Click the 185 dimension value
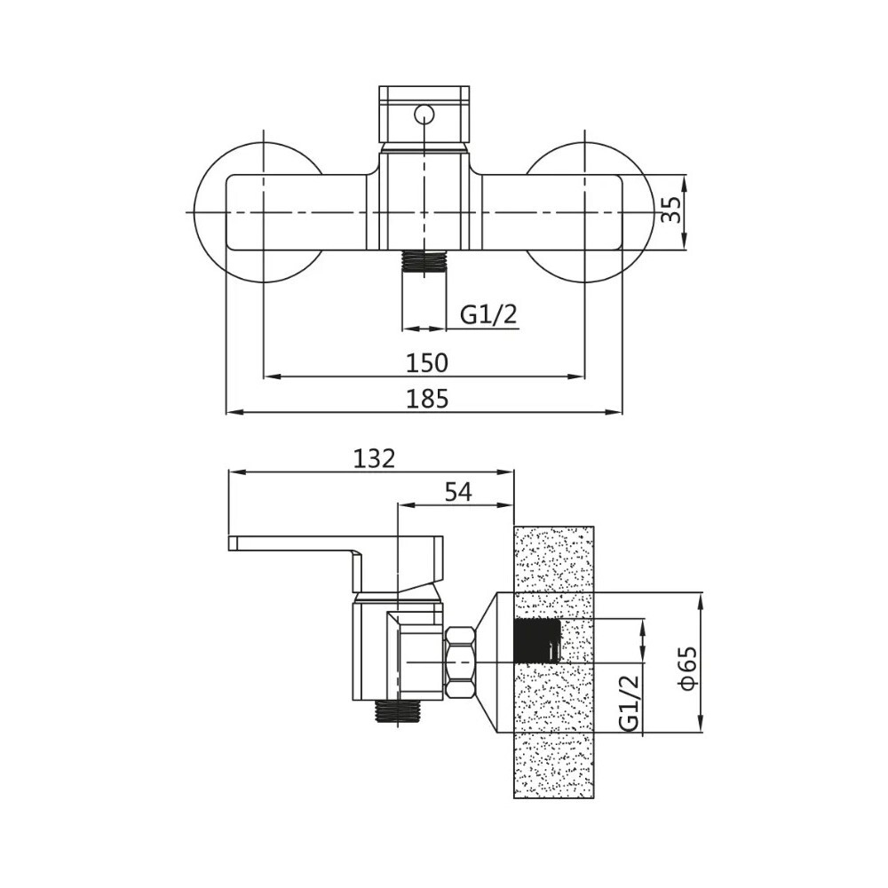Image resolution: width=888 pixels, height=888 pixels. click(427, 399)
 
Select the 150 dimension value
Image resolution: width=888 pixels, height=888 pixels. click(427, 362)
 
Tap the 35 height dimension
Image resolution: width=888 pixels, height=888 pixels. click(673, 210)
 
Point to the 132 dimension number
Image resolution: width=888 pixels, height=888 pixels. click(374, 458)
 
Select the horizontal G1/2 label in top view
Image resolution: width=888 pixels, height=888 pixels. click(488, 314)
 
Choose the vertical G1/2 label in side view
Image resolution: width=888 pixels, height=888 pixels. click(629, 702)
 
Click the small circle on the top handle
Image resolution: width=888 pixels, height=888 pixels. click(425, 113)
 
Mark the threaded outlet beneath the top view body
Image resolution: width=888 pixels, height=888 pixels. click(424, 261)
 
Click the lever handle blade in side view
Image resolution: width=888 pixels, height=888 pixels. click(293, 543)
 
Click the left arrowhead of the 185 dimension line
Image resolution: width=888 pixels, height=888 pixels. click(232, 412)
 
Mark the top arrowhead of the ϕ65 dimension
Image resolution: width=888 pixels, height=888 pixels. click(702, 599)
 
